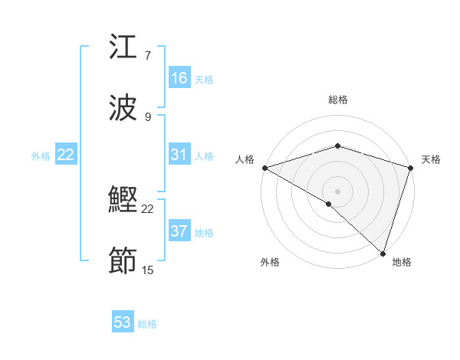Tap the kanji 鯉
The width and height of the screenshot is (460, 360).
(x=123, y=201)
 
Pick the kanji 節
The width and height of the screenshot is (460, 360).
(x=123, y=261)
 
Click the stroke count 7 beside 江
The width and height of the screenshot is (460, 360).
(x=148, y=56)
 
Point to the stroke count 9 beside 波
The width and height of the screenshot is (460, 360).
(x=148, y=116)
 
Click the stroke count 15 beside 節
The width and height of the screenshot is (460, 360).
(x=148, y=270)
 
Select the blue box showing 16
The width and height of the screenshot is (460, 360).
(x=179, y=78)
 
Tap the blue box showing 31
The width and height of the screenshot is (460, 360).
(x=179, y=155)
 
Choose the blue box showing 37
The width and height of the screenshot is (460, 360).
(x=179, y=231)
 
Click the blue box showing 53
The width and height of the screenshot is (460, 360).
(x=123, y=322)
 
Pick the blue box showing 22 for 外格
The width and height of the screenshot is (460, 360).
(x=66, y=155)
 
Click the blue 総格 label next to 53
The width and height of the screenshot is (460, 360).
(x=147, y=324)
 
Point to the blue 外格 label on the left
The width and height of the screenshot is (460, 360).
(x=41, y=156)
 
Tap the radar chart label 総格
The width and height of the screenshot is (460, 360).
(x=337, y=100)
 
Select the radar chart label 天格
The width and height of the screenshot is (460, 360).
(x=431, y=159)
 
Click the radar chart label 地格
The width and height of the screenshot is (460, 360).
(x=402, y=262)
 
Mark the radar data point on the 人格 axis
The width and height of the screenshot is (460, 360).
(x=264, y=168)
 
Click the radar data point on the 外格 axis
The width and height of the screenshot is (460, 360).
(x=329, y=204)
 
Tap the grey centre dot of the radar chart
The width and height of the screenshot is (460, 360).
(x=337, y=191)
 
